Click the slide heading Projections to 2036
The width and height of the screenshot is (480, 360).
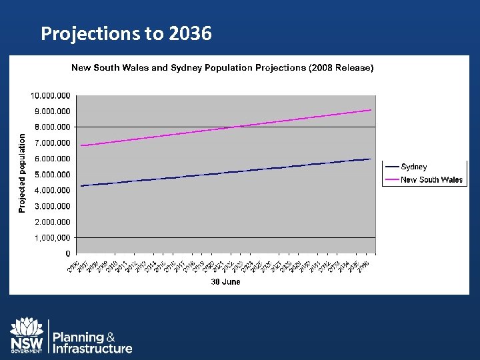click(x=126, y=33)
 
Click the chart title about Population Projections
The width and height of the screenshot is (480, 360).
click(x=222, y=67)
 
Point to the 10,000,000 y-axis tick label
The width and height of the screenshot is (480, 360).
click(x=51, y=95)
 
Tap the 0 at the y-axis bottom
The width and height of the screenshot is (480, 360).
click(x=68, y=254)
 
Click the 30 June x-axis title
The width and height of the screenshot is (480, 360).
click(x=225, y=282)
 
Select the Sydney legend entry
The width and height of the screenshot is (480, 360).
click(x=413, y=167)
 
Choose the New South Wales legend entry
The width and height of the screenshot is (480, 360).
click(x=431, y=180)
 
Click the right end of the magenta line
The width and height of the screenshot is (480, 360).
click(x=371, y=110)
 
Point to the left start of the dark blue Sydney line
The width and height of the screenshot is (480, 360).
click(x=81, y=185)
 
